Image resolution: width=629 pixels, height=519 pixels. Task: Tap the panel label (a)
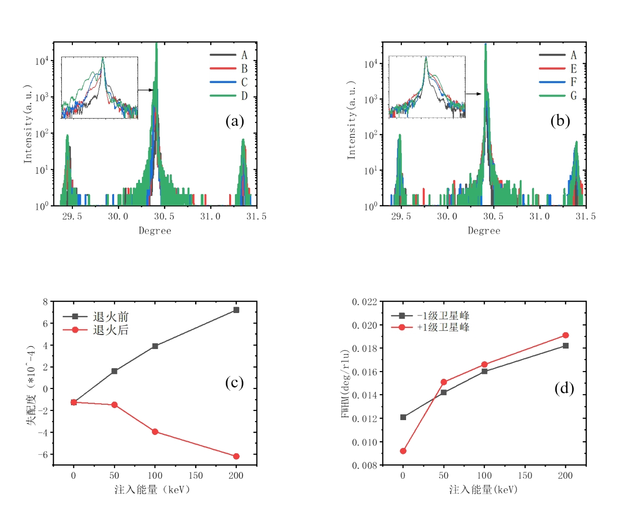(234, 121)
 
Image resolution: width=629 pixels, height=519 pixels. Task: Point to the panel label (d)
(564, 388)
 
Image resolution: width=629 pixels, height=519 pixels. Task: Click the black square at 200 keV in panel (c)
(236, 310)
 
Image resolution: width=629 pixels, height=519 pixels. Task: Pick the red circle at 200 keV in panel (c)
(236, 456)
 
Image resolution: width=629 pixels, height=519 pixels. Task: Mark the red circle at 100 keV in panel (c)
(155, 432)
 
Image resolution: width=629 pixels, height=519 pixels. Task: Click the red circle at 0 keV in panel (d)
(403, 451)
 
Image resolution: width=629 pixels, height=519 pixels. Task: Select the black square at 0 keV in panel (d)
(403, 417)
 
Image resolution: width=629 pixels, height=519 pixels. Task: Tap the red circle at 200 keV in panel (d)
(566, 335)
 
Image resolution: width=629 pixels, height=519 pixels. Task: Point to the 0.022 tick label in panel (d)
(364, 302)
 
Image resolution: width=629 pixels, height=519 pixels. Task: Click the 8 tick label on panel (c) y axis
(46, 302)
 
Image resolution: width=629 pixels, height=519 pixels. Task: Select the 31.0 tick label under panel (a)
(210, 217)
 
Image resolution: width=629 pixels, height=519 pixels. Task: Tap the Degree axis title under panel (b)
(484, 231)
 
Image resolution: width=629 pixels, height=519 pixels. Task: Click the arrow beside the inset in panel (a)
(145, 90)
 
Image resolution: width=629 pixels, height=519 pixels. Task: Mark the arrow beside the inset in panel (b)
(473, 94)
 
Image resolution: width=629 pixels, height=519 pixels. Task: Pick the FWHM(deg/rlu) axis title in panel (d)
(345, 384)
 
